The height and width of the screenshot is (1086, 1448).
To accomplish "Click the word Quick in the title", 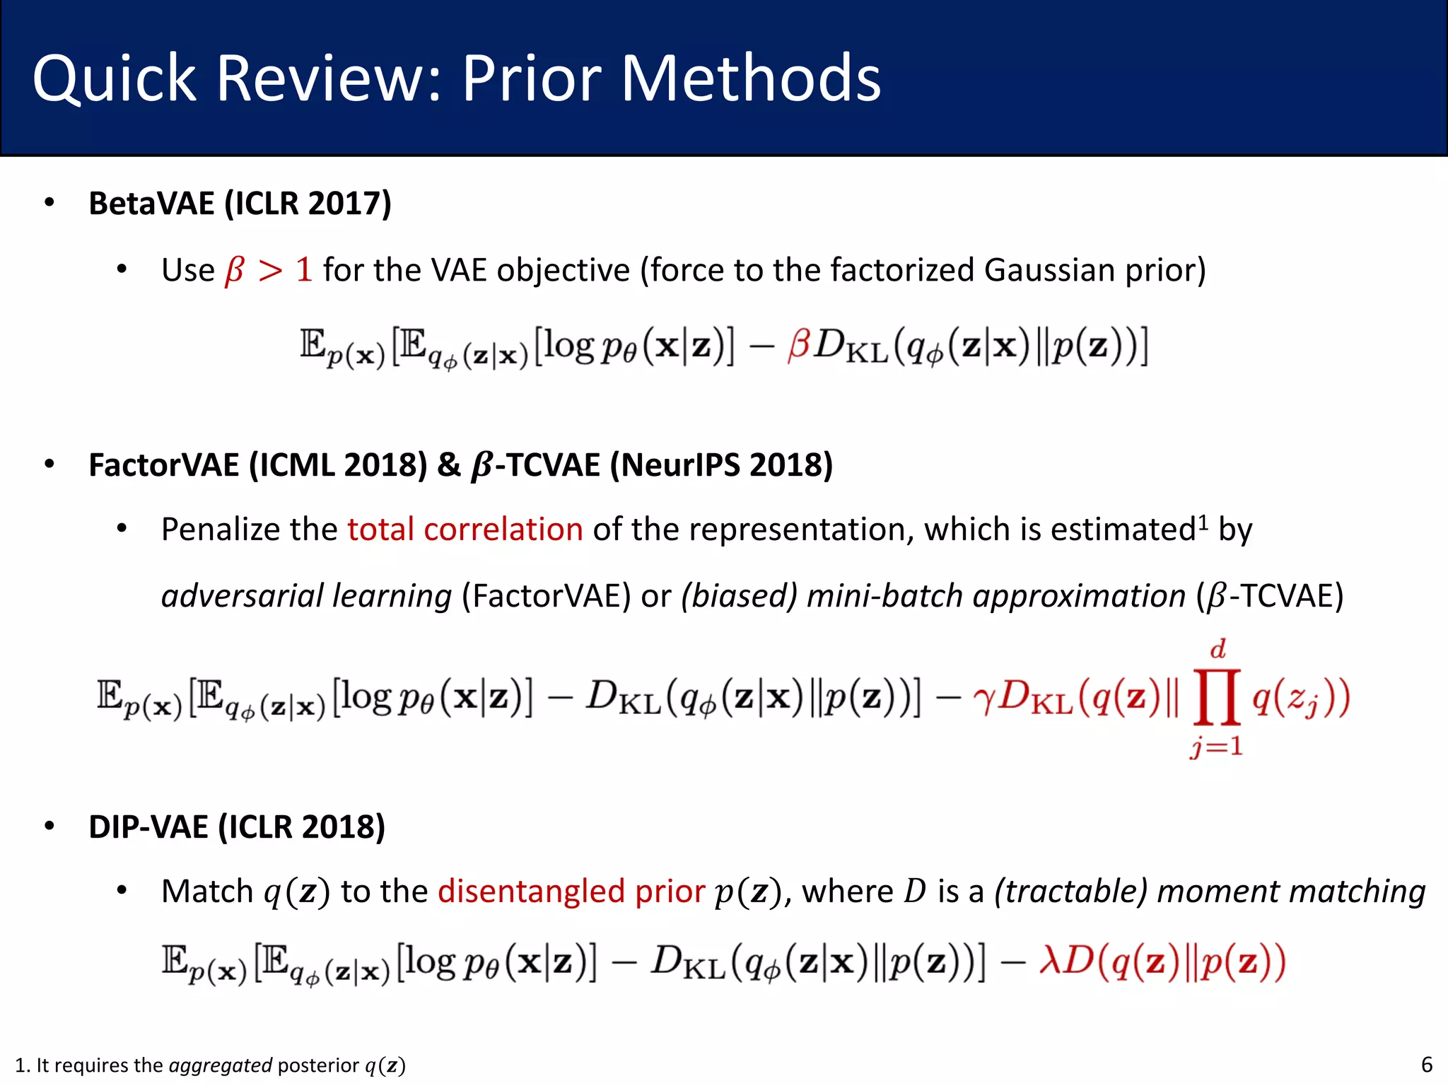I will tap(113, 79).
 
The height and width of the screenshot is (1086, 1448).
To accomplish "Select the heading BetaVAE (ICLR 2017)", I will tap(240, 204).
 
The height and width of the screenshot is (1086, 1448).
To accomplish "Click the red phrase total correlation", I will tap(465, 530).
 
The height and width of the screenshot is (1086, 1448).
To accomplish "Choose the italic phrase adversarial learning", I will tap(306, 596).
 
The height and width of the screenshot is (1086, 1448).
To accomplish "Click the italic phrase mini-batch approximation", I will tap(995, 596).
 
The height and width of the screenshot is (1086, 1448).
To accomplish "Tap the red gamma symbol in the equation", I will tap(983, 699).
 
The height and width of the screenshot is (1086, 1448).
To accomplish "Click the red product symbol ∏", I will tap(1217, 698).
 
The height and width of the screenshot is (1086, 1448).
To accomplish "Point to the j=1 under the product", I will tap(1216, 747).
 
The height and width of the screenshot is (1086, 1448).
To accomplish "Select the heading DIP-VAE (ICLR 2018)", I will tap(237, 827).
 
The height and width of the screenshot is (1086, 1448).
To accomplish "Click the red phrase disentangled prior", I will tap(571, 892).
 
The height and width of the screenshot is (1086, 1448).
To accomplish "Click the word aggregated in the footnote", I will tap(221, 1065).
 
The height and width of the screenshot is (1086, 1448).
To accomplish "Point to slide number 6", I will tap(1427, 1065).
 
